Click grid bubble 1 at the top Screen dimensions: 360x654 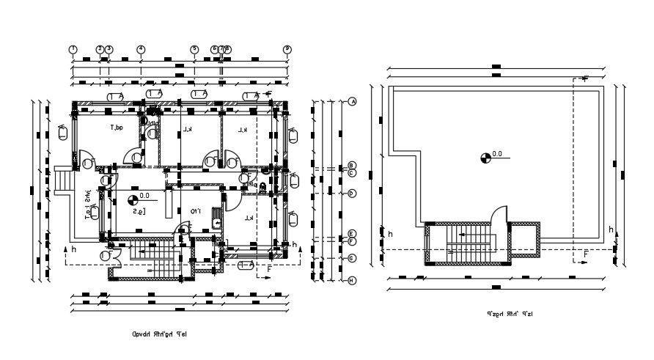click(x=73, y=49)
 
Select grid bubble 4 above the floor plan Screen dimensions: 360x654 click(x=141, y=49)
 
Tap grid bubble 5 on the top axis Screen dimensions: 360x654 click(x=194, y=49)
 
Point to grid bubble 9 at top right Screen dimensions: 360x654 click(x=287, y=49)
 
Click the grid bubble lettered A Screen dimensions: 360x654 click(x=352, y=101)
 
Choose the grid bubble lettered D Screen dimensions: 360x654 click(x=352, y=194)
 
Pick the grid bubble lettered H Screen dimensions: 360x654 click(x=352, y=280)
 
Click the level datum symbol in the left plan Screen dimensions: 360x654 click(x=133, y=198)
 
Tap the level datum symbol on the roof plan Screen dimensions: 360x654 click(x=485, y=156)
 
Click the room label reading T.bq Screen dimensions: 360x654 click(x=116, y=128)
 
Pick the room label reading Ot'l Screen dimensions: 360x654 click(x=196, y=211)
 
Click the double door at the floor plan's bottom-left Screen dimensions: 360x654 click(x=111, y=254)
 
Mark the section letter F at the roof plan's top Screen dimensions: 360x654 click(x=584, y=78)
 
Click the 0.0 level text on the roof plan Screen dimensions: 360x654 click(x=497, y=154)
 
